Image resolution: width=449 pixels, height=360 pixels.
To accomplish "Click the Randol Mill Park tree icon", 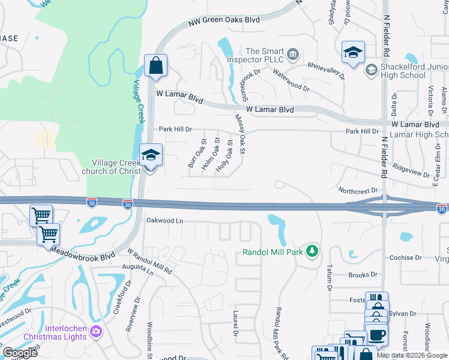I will [x=312, y=250].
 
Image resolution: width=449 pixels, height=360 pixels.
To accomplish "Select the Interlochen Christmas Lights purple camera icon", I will [x=95, y=331].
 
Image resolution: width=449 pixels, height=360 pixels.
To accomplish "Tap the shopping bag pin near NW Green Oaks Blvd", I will [x=155, y=67].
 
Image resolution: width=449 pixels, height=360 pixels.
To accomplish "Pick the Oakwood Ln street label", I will [x=164, y=221].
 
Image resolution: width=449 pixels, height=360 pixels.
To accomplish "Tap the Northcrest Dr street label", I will [x=358, y=190].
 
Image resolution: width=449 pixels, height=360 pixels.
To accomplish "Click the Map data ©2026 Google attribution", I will [x=412, y=355].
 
